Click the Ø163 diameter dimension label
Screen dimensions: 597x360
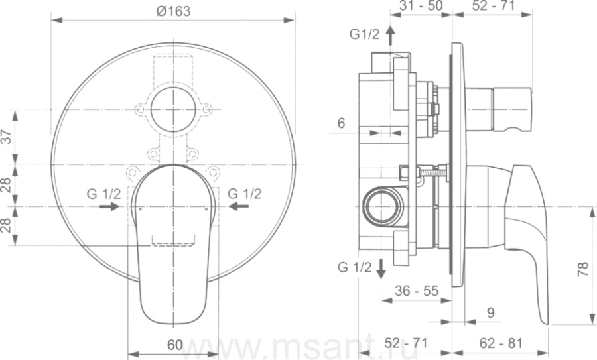point(173,11)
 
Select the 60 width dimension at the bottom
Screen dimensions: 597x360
point(174,345)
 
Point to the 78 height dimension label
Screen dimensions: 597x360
point(582,269)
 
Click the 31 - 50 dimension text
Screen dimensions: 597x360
point(421,5)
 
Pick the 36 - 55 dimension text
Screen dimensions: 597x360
point(417,291)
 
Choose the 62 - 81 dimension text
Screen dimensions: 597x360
point(501,343)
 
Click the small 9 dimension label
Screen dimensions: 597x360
point(491,312)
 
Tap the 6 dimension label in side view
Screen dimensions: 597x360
point(341,123)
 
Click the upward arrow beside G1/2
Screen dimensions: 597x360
point(390,35)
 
